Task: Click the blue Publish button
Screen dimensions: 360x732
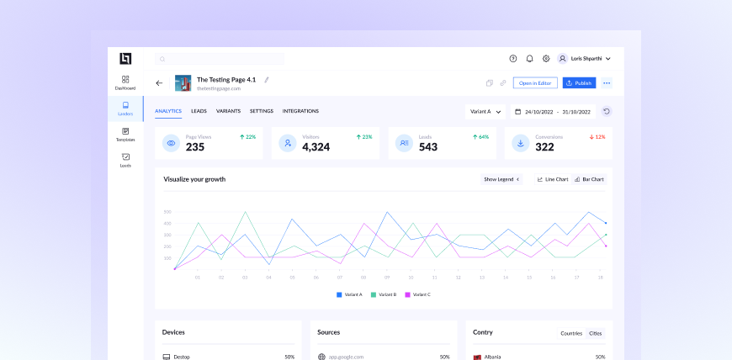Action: pos(579,83)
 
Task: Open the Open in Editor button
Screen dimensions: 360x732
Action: pos(535,83)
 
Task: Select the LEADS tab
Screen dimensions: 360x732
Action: pos(199,111)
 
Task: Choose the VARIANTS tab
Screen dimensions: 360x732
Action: pos(228,111)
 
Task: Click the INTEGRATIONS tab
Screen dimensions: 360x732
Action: pos(300,111)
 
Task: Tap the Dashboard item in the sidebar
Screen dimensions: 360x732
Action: pos(125,82)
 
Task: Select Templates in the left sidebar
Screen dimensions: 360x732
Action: pos(125,135)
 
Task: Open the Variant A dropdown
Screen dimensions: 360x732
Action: pos(485,111)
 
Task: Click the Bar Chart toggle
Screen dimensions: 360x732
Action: pos(589,179)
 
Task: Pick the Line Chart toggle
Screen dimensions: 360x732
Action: pos(553,179)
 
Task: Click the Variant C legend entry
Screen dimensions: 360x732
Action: pos(418,294)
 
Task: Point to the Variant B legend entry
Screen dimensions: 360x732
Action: pos(383,294)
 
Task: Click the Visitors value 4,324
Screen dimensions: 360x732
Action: pos(316,147)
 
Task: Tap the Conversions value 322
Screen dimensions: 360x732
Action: pos(544,147)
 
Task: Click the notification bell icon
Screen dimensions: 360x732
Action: pos(529,59)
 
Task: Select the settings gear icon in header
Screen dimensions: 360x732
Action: pos(546,59)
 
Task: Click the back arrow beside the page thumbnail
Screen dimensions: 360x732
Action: pos(159,83)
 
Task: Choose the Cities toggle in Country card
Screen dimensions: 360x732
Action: pos(596,333)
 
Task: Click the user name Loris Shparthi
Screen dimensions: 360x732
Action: pos(587,59)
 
